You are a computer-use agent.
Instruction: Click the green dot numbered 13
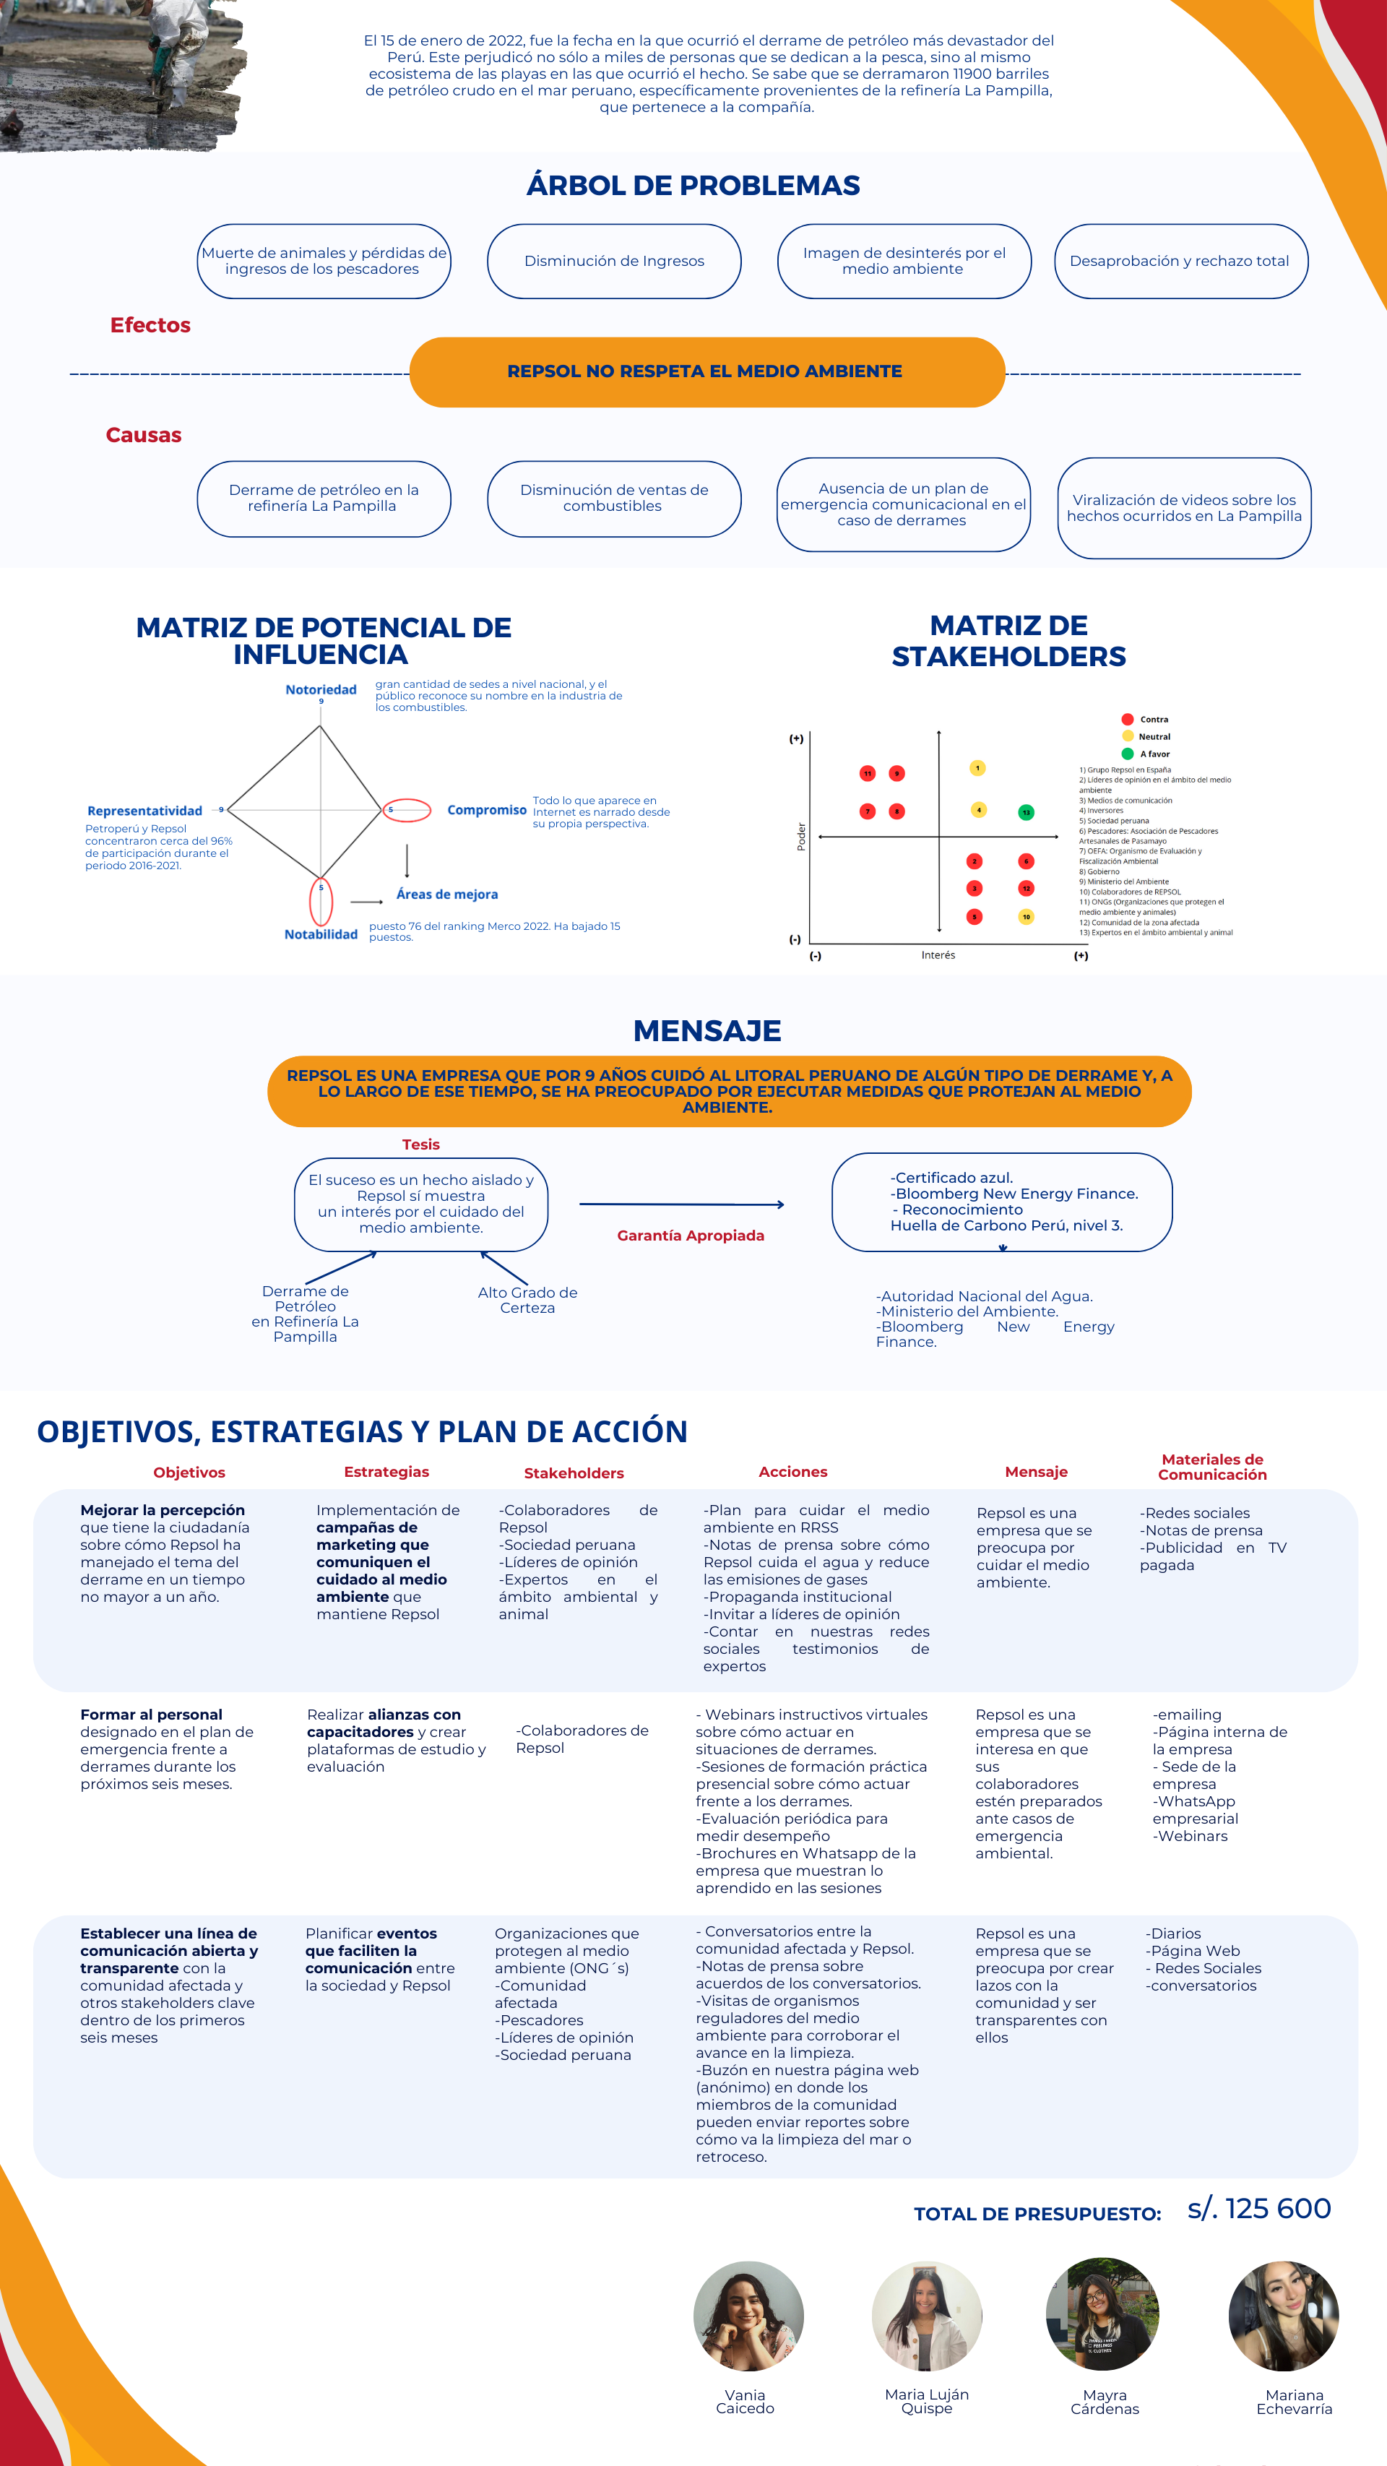tap(1025, 812)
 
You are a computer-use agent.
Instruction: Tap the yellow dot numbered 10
tap(1025, 917)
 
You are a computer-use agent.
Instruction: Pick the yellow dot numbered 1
tap(977, 768)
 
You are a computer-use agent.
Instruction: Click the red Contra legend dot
tap(1128, 719)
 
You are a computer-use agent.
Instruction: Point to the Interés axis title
tap(938, 955)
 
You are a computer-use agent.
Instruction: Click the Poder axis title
tap(801, 836)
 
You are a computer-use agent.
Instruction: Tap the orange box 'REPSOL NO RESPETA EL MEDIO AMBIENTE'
tap(707, 371)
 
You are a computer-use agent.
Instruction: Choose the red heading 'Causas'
tap(144, 436)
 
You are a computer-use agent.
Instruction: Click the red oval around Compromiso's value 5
tap(407, 810)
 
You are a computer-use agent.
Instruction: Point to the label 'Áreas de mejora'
tap(447, 894)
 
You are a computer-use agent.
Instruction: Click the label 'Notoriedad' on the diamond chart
tap(321, 689)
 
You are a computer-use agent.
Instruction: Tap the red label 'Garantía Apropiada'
tap(690, 1236)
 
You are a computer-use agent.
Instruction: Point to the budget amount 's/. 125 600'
tap(1258, 2209)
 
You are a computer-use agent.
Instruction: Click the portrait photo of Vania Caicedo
tap(748, 2316)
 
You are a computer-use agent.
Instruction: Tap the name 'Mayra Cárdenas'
tap(1105, 2401)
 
